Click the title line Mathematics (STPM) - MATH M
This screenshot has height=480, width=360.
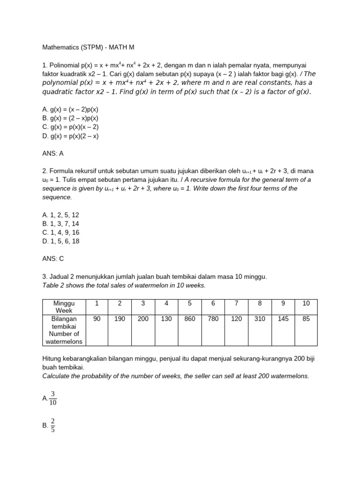88,47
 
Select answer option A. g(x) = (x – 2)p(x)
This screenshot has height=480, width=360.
70,109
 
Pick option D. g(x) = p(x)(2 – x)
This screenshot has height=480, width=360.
70,136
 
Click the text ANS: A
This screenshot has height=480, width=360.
52,153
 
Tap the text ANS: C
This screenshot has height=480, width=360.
52,258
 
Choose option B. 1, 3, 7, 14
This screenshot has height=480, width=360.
60,224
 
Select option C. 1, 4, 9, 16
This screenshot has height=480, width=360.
60,232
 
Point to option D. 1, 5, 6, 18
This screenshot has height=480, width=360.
60,241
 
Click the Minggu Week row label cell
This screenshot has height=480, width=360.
64,307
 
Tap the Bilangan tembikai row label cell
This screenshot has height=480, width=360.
64,330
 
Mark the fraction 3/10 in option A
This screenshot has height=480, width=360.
52,398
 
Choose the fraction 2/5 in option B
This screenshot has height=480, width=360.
52,425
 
